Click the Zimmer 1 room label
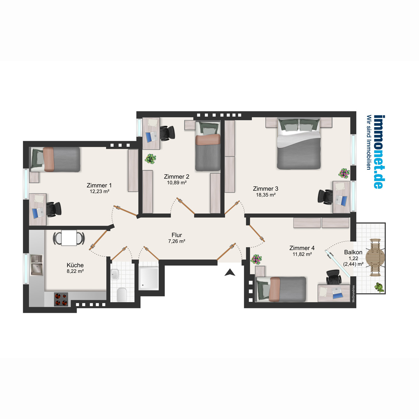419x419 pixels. tap(99, 185)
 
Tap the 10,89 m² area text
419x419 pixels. tap(177, 183)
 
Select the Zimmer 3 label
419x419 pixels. tap(265, 189)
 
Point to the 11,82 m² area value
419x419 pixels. tap(302, 254)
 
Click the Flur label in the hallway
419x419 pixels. tap(177, 235)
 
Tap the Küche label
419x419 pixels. tap(75, 265)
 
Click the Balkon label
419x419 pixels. tap(353, 252)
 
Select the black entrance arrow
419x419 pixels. tap(230, 272)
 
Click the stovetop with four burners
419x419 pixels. tap(61, 299)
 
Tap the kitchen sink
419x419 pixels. tap(37, 265)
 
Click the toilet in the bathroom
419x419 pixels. tap(122, 294)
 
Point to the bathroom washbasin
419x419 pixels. tap(115, 274)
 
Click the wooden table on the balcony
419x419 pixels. tap(375, 257)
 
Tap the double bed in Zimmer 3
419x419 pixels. tap(299, 144)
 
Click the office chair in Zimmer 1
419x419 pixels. tap(53, 209)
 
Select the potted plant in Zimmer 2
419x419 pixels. tap(150, 159)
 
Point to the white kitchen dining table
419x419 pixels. tap(69, 238)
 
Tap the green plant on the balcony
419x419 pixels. tap(380, 287)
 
